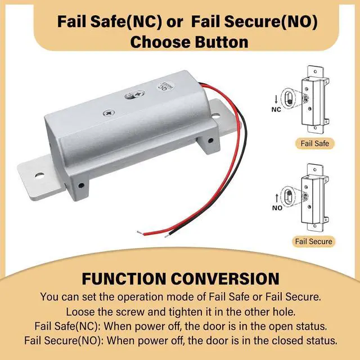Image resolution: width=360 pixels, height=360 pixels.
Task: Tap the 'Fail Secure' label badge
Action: (314, 241)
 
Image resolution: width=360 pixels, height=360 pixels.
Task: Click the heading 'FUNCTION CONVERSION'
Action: (180, 280)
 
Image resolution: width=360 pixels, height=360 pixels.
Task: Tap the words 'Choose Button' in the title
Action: (180, 42)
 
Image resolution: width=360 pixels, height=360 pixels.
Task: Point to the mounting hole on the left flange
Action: (39, 175)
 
